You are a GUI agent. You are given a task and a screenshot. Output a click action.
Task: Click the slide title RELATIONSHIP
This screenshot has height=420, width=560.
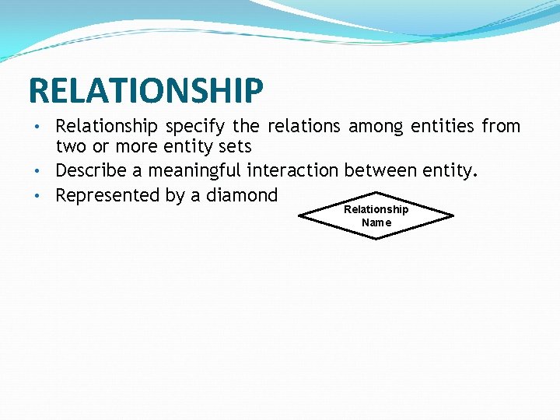(145, 90)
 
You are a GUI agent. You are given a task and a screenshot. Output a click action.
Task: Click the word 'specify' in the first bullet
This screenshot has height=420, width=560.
(192, 127)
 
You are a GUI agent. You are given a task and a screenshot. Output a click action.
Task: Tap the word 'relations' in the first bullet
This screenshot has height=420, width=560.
(304, 126)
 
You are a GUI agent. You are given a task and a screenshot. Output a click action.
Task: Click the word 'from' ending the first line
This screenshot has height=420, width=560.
(501, 126)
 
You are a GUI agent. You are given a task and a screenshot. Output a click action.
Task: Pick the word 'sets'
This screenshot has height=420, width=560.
(235, 146)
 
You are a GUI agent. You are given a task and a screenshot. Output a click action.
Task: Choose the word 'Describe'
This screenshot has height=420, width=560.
(99, 170)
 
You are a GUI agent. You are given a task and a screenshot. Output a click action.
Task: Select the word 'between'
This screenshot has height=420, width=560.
(380, 170)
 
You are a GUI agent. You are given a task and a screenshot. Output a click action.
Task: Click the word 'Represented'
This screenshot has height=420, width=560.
(107, 195)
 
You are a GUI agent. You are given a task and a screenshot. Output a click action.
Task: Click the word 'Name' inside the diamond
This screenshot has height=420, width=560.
(376, 222)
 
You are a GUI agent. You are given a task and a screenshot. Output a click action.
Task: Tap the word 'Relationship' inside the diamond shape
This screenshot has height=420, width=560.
(376, 209)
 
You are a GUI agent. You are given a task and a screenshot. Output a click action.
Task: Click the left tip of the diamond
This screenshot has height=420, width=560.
(300, 215)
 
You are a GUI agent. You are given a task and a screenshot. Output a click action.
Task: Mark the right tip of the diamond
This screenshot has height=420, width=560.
(453, 215)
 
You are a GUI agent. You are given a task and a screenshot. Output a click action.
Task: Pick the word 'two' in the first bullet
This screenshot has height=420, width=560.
(70, 147)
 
